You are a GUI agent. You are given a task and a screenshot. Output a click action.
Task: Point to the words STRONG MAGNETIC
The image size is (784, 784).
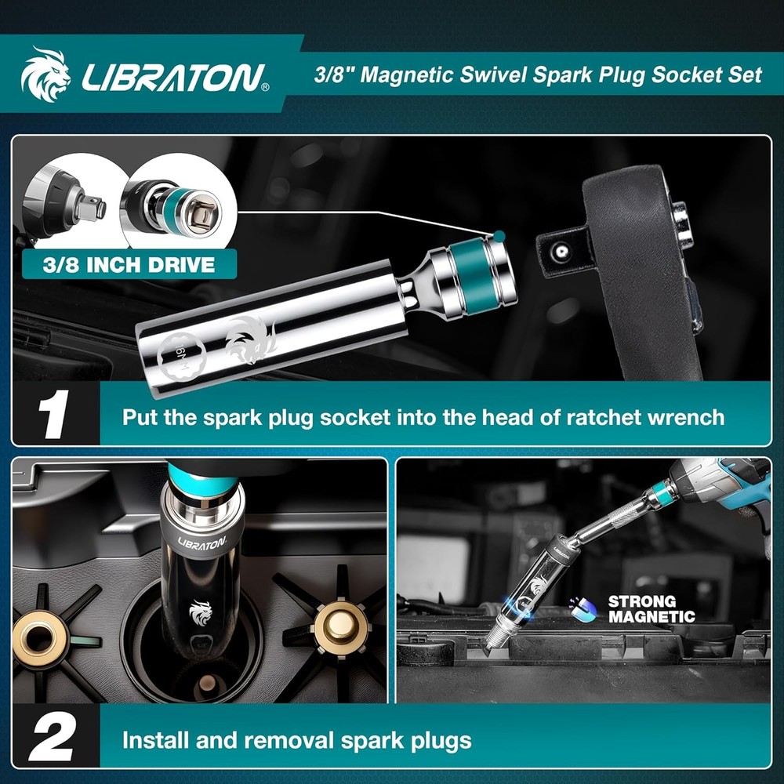(652, 609)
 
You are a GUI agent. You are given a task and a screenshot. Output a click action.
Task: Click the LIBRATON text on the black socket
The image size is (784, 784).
(201, 542)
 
